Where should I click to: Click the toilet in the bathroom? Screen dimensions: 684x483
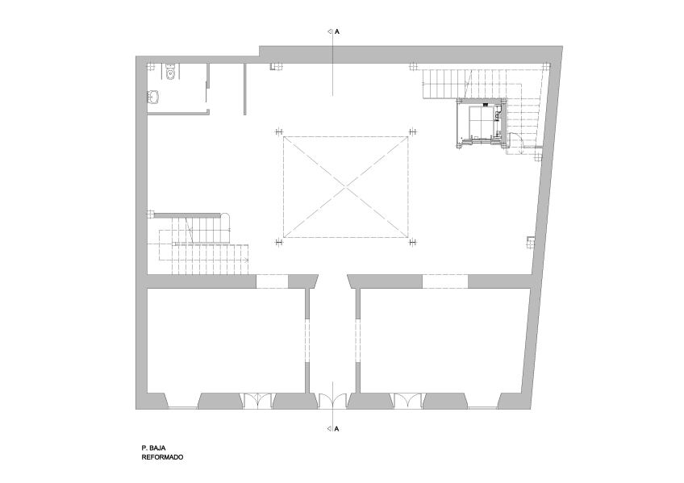click(x=170, y=73)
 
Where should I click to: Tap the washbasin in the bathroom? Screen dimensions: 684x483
click(x=153, y=98)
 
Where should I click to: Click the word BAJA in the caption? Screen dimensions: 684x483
click(x=156, y=448)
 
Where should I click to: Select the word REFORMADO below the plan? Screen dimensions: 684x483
click(x=162, y=457)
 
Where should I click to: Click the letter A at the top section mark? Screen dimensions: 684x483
click(x=337, y=31)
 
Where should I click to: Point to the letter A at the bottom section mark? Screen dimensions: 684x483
click(x=337, y=429)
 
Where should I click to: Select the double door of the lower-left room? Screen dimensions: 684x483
click(x=257, y=401)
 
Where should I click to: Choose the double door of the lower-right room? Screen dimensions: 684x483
click(x=408, y=401)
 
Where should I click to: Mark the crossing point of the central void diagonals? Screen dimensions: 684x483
click(x=346, y=187)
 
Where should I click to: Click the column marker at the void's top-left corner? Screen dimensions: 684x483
click(x=279, y=131)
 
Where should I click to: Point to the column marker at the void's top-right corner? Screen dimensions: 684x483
click(x=412, y=131)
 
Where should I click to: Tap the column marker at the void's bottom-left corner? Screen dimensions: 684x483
click(x=279, y=243)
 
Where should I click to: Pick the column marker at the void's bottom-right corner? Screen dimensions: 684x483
click(x=412, y=243)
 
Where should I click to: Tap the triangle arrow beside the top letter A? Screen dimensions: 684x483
click(x=330, y=31)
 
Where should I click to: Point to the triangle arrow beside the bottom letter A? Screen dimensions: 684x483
click(x=330, y=429)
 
